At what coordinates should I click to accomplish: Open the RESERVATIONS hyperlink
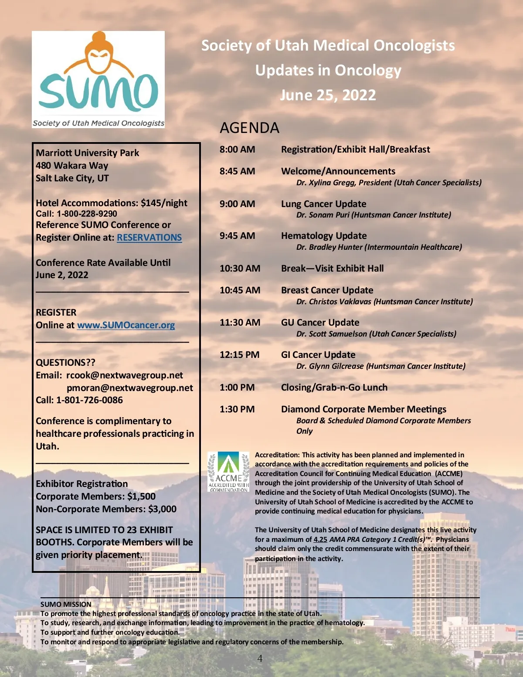point(149,238)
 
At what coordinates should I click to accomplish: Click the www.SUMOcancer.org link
point(126,325)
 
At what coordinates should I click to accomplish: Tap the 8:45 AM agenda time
point(237,171)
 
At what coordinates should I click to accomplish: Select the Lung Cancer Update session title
point(323,204)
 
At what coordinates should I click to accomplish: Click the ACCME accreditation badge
point(228,472)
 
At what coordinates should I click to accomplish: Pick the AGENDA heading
point(249,128)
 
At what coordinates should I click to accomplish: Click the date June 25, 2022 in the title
point(328,95)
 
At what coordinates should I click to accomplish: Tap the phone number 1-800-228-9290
point(87,214)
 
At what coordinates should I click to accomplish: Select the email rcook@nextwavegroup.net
point(125,375)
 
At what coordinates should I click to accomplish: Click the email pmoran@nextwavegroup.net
point(129,388)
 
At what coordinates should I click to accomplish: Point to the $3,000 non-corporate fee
point(162,509)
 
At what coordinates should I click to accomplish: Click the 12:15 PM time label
point(239,355)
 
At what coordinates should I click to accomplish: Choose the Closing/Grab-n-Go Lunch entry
point(334,388)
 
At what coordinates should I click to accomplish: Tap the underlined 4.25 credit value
point(320,539)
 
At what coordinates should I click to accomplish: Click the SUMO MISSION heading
point(66,604)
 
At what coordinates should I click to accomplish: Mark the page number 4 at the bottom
point(260,658)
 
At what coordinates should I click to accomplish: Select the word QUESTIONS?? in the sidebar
point(65,363)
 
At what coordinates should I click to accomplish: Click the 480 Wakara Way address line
point(72,166)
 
